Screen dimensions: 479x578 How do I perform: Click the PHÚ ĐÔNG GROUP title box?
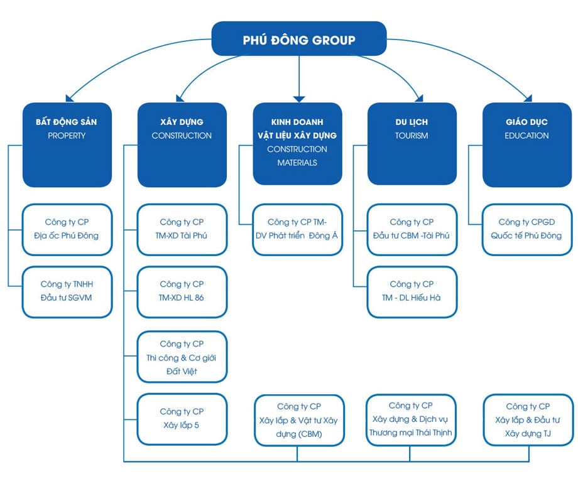coord(298,40)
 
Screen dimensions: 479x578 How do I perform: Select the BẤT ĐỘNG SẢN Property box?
coord(66,144)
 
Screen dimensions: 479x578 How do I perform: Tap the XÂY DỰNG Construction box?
coord(182,144)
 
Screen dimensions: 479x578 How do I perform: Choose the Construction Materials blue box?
coord(297,144)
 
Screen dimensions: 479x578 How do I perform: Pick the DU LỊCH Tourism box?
coord(412,144)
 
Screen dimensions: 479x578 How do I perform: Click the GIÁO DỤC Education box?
coord(526,144)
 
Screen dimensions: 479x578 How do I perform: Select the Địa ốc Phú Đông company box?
coord(67,229)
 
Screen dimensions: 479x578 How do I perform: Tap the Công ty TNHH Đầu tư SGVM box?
coord(67,291)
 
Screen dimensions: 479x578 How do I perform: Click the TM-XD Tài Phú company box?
coord(182,229)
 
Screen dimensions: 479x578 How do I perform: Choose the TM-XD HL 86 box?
coord(182,291)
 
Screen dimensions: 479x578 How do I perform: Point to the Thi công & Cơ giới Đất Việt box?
coord(182,357)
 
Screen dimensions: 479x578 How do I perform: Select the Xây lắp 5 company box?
coord(182,419)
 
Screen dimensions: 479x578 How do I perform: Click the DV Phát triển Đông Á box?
coord(298,229)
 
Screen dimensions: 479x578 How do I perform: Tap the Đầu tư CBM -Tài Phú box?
coord(412,229)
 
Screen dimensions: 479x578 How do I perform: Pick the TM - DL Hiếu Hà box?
coord(412,291)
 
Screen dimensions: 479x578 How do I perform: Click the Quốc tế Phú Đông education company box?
coord(527,229)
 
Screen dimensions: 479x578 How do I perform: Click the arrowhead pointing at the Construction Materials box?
coord(298,97)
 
